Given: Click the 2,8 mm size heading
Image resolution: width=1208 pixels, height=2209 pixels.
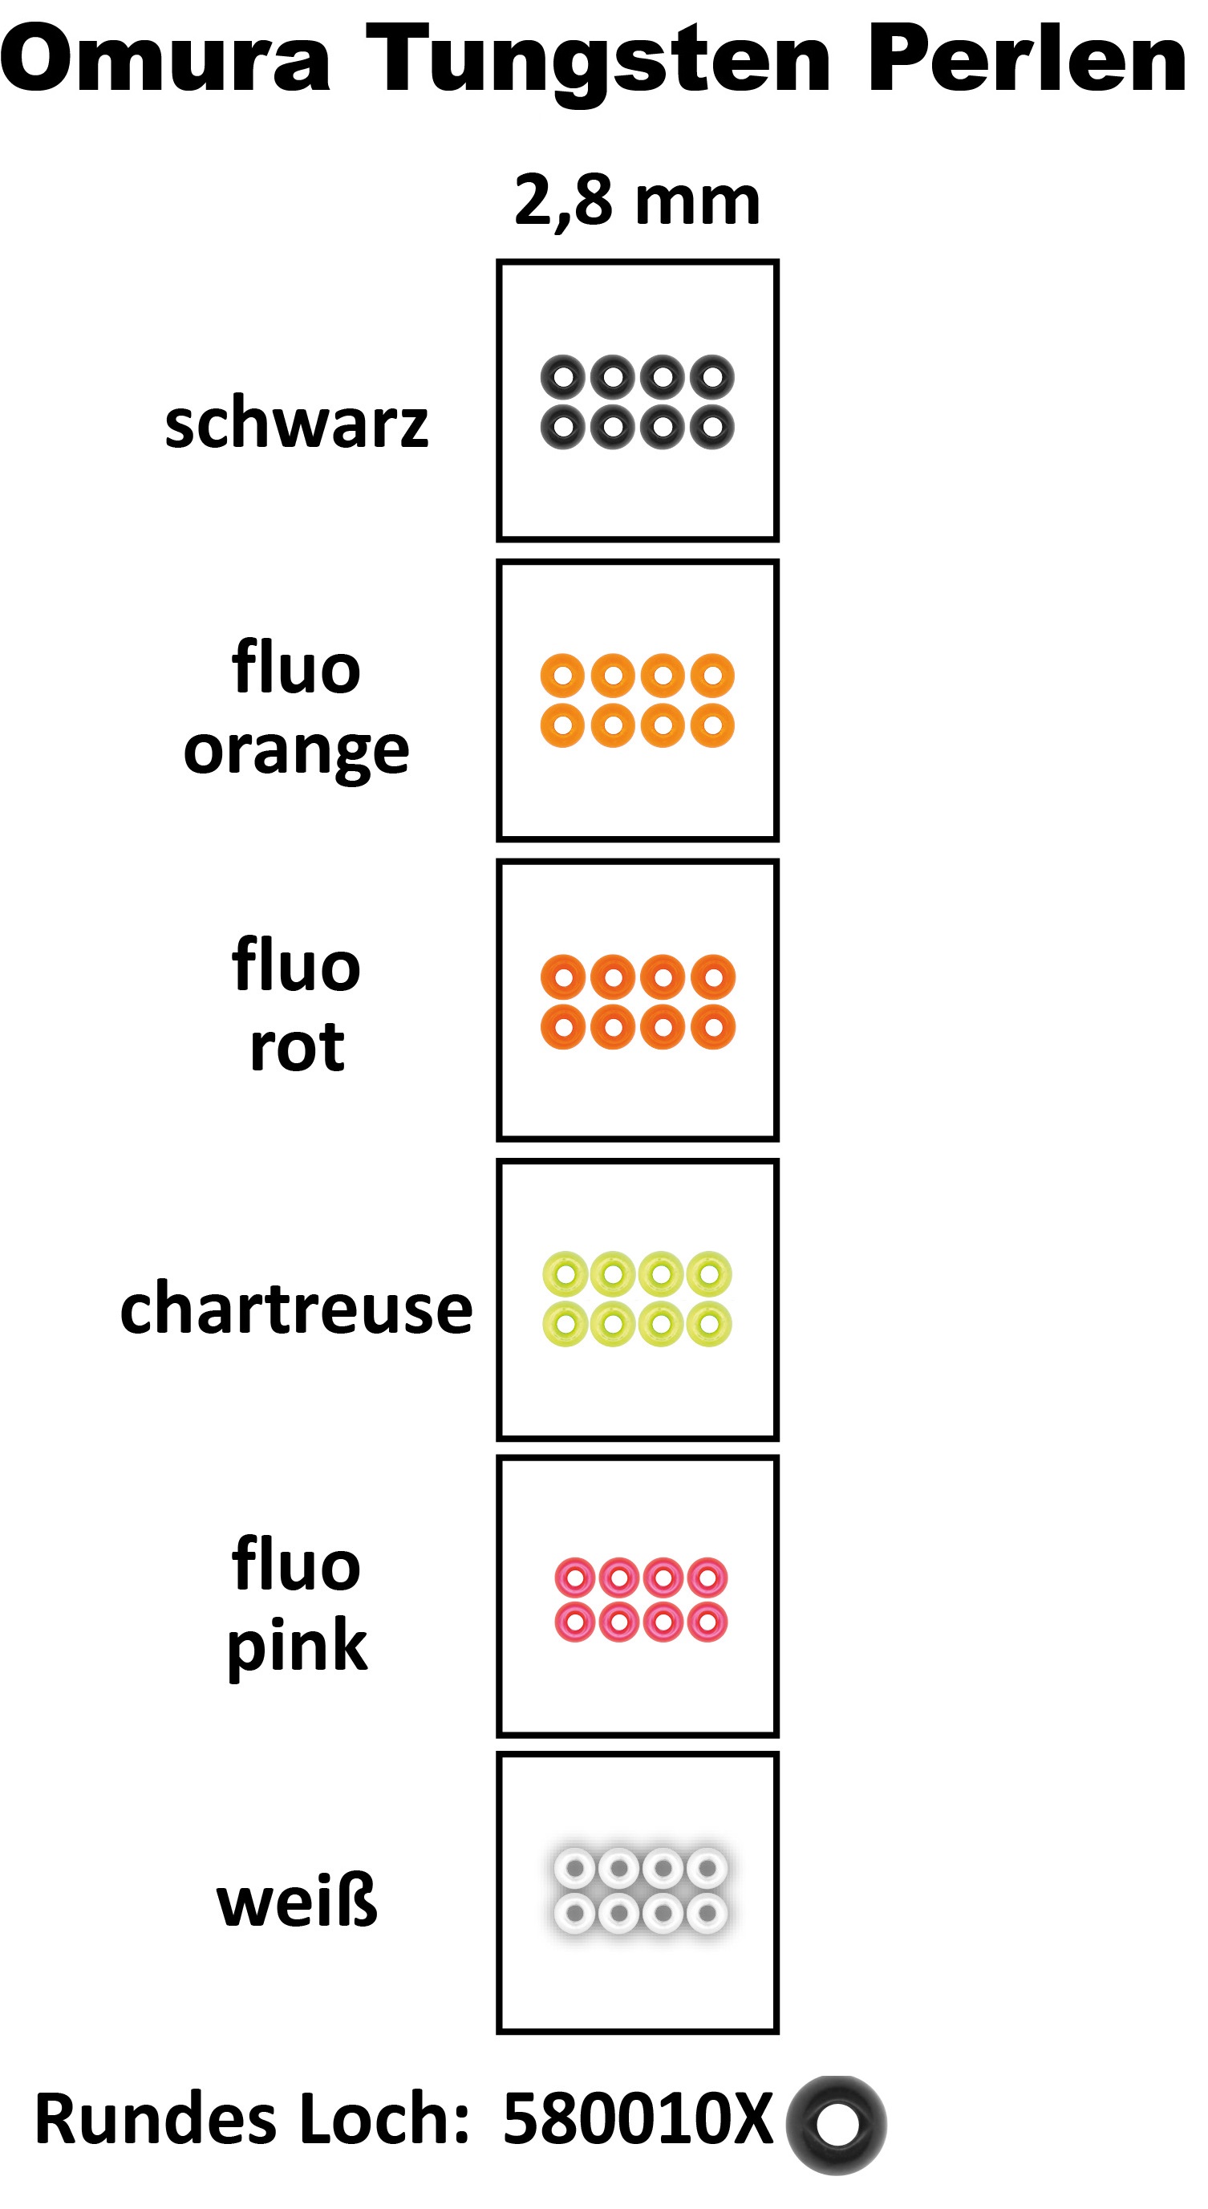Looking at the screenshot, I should (x=637, y=201).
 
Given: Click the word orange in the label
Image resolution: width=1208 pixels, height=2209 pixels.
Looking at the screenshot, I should (x=297, y=751).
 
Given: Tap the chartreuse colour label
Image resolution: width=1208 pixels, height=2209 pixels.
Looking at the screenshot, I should (x=297, y=1310).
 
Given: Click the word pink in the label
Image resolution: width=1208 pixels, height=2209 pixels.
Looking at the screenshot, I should (x=297, y=1647).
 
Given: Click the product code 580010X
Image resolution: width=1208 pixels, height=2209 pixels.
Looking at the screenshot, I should (x=637, y=2118).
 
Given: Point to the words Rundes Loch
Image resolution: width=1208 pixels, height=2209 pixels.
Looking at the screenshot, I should (x=252, y=2119).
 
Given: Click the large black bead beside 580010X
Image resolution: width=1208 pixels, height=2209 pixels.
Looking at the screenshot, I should (x=837, y=2124).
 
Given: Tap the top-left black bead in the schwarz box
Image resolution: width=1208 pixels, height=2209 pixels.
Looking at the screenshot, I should (x=562, y=376).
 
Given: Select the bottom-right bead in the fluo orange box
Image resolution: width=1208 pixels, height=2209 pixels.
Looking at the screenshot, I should (x=712, y=725).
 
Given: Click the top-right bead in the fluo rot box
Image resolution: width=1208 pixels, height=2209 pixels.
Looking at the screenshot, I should (x=712, y=977).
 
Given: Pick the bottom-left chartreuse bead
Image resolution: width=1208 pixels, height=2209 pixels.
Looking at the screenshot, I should (x=565, y=1324).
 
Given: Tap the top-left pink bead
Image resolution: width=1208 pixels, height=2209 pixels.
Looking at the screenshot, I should (x=575, y=1577).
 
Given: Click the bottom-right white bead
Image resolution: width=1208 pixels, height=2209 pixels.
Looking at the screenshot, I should (x=707, y=1911).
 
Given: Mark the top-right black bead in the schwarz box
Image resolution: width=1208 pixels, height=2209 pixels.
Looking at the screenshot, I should (x=712, y=376).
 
